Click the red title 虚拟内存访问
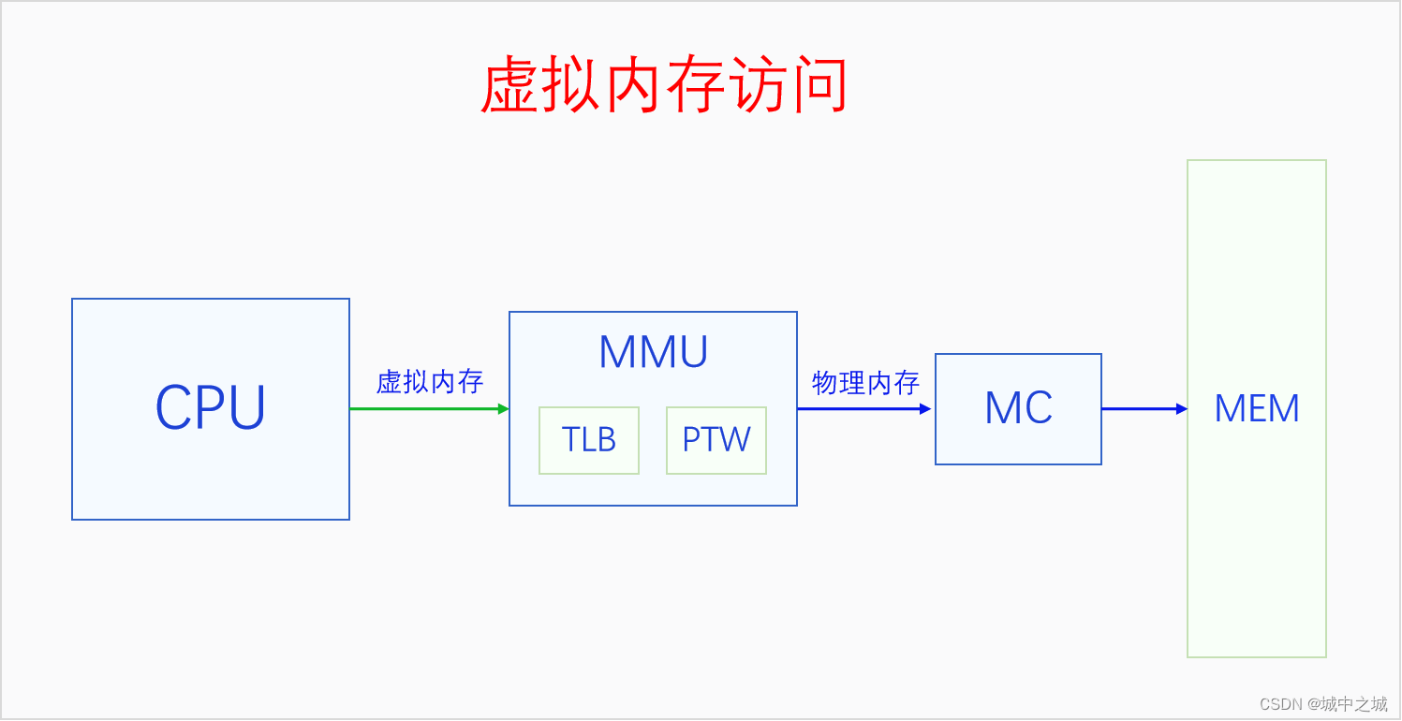(664, 84)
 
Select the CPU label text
(211, 407)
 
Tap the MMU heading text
(653, 352)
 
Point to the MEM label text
(1257, 408)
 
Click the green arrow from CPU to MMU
(429, 409)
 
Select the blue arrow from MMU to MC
(864, 409)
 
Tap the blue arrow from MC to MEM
(1144, 409)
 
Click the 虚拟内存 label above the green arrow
(430, 382)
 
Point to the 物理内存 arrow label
(865, 383)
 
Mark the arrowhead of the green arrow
(504, 409)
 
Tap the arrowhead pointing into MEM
(1182, 409)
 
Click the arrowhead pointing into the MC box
(925, 409)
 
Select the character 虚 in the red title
(509, 84)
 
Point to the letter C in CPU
(173, 407)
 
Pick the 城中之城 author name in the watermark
(1354, 704)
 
